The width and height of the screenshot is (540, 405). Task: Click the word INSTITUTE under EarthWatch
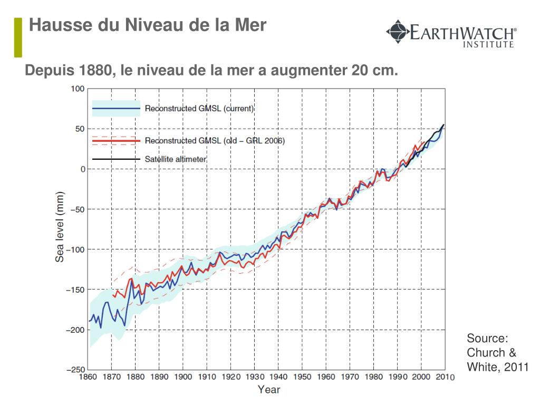(488, 44)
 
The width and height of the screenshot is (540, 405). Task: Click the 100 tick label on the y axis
(78, 89)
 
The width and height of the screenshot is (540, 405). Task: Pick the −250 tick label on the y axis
(75, 370)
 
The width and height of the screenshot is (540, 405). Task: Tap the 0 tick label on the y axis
(82, 169)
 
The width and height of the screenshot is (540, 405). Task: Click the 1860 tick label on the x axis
(88, 377)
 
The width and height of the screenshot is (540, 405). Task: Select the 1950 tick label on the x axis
(302, 377)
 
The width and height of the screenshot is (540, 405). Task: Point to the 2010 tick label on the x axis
(444, 377)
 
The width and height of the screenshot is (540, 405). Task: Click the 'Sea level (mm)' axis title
(60, 226)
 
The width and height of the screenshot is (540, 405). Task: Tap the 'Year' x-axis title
(269, 390)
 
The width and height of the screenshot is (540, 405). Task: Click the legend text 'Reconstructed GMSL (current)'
(199, 109)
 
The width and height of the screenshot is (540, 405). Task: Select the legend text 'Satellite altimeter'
(176, 159)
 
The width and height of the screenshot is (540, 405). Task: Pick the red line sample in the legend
(116, 141)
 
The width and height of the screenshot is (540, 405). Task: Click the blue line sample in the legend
(116, 109)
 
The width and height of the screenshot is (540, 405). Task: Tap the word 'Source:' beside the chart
(487, 339)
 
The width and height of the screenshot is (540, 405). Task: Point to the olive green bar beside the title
(18, 37)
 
